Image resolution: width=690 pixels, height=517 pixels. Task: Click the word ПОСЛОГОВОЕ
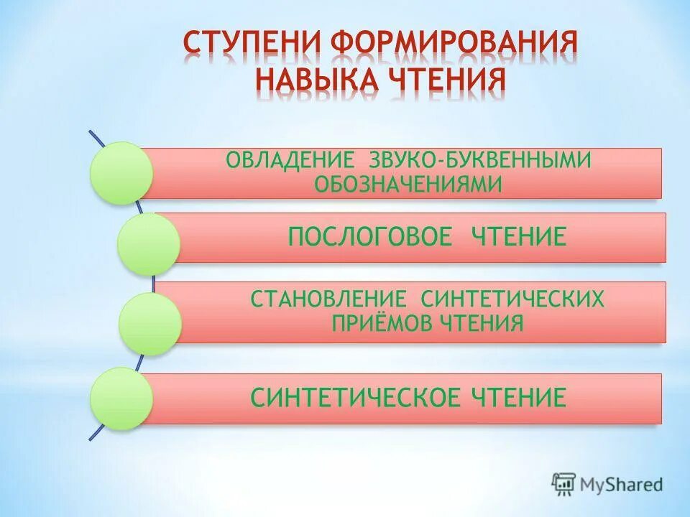pyautogui.click(x=370, y=237)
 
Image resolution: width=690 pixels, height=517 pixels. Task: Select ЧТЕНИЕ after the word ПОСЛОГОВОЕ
pyautogui.click(x=520, y=237)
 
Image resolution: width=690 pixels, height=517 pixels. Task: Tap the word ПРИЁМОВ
pyautogui.click(x=382, y=323)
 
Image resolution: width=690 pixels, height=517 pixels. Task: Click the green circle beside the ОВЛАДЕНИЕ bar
pyautogui.click(x=121, y=172)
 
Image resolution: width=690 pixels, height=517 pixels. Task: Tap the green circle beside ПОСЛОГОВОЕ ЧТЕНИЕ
pyautogui.click(x=147, y=244)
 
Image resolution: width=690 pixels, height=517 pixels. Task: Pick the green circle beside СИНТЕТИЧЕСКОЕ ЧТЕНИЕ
pyautogui.click(x=121, y=399)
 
